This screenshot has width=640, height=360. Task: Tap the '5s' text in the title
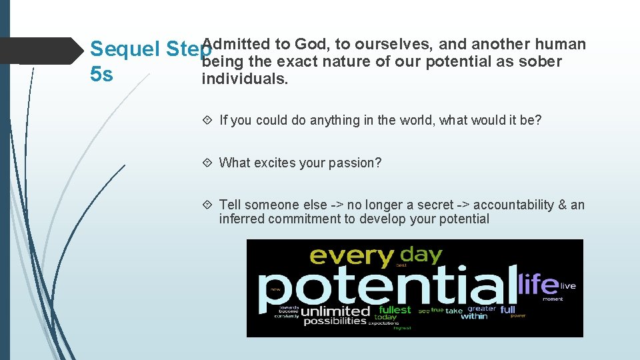tap(101, 74)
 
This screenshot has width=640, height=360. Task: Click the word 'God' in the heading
tap(309, 45)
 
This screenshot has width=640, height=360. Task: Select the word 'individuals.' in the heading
tap(245, 79)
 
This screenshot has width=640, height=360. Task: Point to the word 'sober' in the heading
tap(543, 62)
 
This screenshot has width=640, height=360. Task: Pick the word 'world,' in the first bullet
tap(416, 121)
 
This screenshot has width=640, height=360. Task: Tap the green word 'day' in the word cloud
tap(422, 253)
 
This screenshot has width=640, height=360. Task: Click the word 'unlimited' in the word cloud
tap(335, 311)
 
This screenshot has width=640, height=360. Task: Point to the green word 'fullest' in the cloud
tap(395, 310)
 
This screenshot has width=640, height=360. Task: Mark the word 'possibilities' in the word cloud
tap(335, 321)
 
